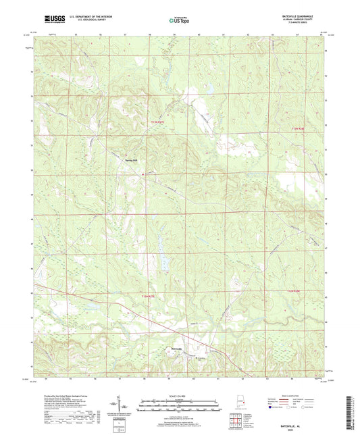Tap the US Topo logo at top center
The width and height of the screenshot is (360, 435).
[x=179, y=21]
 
